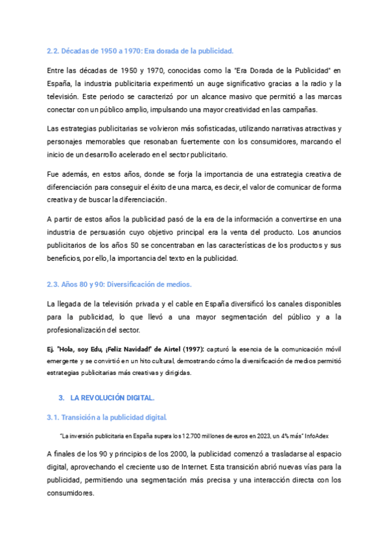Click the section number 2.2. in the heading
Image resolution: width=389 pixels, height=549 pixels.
[x=54, y=50]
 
